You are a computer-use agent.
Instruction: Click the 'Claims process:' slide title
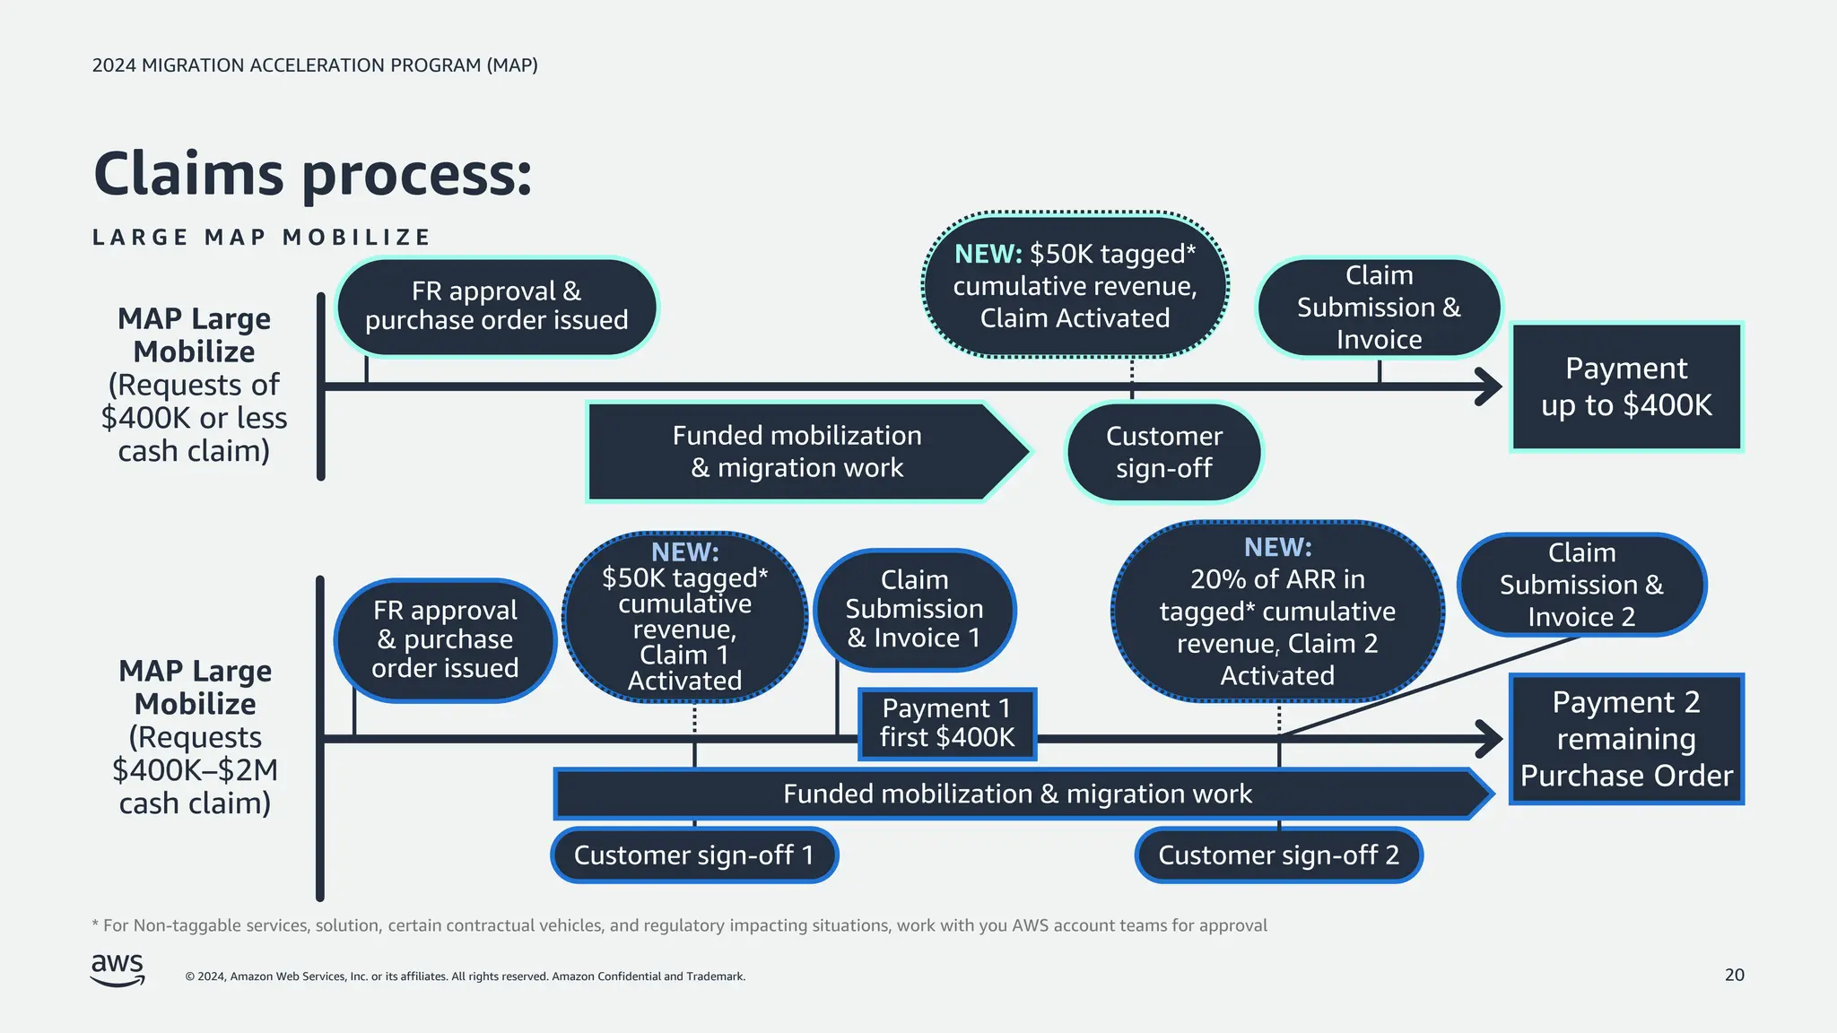click(312, 174)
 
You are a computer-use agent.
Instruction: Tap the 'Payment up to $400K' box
click(1625, 386)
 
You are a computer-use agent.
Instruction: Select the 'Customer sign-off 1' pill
click(693, 855)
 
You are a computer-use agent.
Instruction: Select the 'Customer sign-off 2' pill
click(1278, 855)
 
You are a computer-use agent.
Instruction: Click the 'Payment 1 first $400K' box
click(946, 724)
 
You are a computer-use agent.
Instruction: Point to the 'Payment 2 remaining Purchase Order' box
click(1625, 739)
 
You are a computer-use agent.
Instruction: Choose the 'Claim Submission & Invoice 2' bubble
click(1581, 585)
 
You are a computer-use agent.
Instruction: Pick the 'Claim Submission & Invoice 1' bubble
click(914, 610)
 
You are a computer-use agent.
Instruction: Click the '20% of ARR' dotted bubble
click(1277, 612)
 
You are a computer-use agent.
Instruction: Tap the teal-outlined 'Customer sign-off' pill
click(1163, 452)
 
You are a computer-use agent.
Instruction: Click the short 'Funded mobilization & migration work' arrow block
click(797, 452)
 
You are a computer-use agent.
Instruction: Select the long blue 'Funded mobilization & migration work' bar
click(1017, 794)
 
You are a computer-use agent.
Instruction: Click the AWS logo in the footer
click(118, 969)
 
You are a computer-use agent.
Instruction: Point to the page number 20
click(1734, 975)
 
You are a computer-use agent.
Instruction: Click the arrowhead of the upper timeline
click(1491, 386)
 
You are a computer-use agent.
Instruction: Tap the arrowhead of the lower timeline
click(1491, 739)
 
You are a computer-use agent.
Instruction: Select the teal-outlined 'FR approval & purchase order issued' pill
click(496, 307)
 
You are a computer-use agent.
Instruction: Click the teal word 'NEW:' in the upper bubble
click(988, 255)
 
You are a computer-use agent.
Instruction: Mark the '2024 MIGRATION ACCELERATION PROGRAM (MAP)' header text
click(315, 65)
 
